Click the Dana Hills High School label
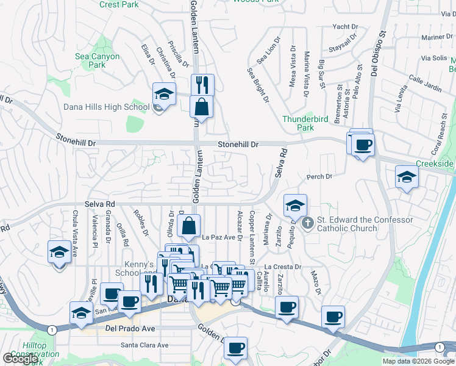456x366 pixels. coord(107,107)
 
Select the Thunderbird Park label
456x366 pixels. coord(298,123)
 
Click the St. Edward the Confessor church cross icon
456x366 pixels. coord(307,224)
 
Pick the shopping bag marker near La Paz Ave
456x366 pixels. coord(190,226)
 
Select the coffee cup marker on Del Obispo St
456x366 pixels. coord(363,145)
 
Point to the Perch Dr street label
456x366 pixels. coord(320,177)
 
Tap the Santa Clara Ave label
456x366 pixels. coord(144,345)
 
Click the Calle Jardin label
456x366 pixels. coord(425,84)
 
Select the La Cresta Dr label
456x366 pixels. coord(283,267)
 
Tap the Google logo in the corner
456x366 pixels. coord(20,359)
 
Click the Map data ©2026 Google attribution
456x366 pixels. coord(418,361)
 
